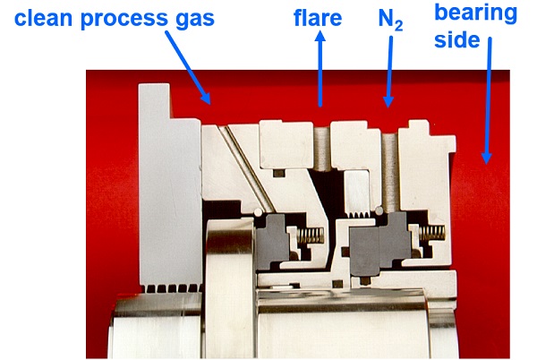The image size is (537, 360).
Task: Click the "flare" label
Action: [318, 18]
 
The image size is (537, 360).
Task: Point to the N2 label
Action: [390, 20]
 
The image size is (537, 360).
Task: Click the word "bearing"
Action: [476, 14]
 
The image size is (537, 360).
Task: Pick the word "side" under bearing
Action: [457, 40]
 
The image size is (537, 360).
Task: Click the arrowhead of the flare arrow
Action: [320, 37]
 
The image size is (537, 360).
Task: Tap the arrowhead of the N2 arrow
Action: [388, 102]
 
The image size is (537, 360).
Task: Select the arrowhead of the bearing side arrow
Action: [487, 159]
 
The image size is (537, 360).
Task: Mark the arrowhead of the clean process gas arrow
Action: [206, 99]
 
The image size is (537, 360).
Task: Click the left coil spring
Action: [311, 236]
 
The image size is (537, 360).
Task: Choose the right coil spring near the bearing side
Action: [432, 233]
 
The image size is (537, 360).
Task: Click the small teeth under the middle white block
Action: [358, 214]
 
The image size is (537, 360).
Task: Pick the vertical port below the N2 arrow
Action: [390, 171]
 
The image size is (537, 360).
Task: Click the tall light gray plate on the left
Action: [168, 185]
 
